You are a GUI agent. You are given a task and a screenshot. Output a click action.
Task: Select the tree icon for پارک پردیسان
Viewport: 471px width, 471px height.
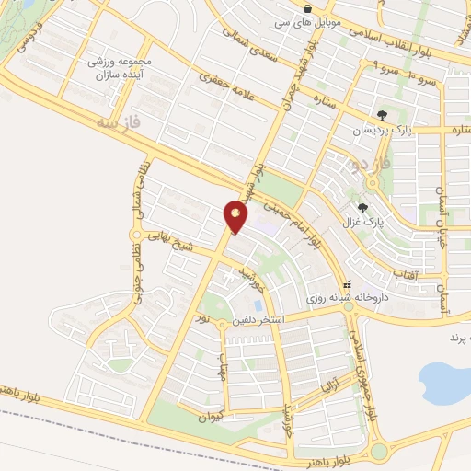[x=382, y=115]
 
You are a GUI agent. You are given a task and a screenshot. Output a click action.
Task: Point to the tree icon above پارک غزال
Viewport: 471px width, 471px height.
[x=363, y=208]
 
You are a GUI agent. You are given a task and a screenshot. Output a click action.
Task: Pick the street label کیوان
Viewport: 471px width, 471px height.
[x=210, y=417]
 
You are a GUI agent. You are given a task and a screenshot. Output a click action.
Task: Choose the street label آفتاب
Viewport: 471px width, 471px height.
[x=407, y=274]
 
